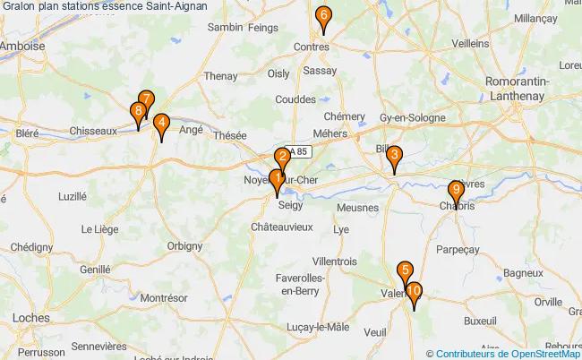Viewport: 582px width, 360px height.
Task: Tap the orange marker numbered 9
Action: (456, 191)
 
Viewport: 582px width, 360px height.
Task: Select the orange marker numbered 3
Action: (393, 156)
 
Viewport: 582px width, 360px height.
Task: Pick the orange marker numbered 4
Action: (160, 124)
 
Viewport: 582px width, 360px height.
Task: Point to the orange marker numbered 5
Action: (406, 271)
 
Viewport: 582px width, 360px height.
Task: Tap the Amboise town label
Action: (22, 47)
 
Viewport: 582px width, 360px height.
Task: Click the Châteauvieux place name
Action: (281, 227)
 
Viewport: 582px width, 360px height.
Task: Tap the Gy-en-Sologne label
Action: (411, 118)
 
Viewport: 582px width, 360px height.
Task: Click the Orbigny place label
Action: (185, 244)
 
